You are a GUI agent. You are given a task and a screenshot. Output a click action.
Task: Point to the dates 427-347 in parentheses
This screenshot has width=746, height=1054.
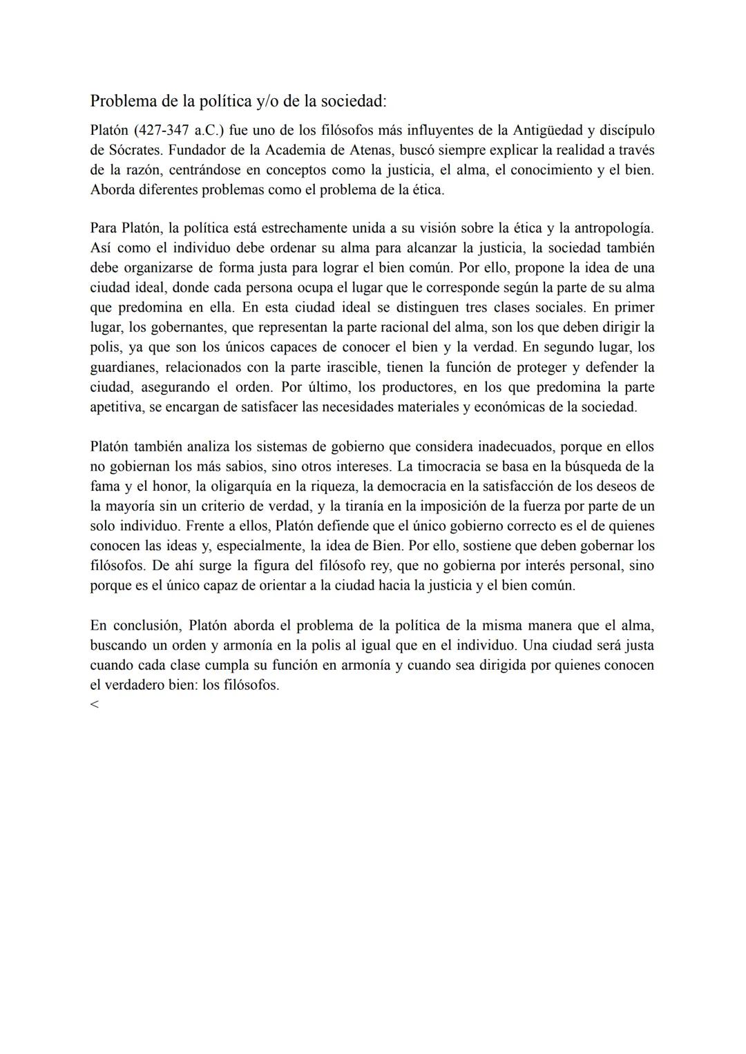pos(164,130)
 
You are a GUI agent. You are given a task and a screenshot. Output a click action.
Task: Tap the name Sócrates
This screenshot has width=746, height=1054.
pos(134,150)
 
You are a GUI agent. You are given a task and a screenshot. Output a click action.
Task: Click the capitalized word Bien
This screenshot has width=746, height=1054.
pos(387,546)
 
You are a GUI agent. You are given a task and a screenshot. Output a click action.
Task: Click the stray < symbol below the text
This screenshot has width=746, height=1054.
pos(95,704)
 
